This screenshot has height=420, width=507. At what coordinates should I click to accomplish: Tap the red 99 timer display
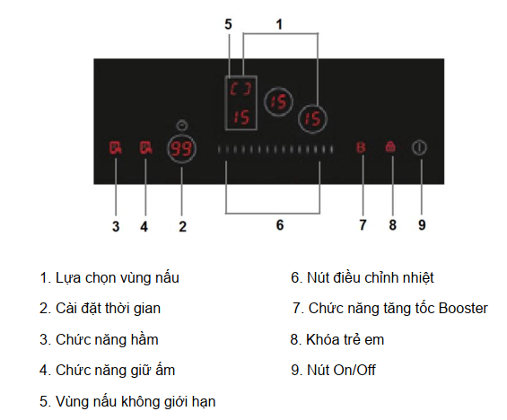point(182,149)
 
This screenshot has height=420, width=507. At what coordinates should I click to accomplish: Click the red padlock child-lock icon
point(390,147)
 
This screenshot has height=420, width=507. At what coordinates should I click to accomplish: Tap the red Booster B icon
point(361,148)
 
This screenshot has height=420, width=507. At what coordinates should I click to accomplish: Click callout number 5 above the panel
point(228,24)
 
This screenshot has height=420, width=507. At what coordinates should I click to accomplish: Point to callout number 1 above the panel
point(279,24)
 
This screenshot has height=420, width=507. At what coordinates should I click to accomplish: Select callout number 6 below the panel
point(280,224)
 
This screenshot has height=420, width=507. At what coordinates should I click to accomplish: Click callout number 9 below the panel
point(422,224)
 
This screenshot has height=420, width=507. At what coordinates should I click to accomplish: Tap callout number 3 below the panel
point(116,226)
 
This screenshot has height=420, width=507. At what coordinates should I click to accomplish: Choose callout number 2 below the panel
point(182,226)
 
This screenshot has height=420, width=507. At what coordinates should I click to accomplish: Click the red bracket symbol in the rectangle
point(240,89)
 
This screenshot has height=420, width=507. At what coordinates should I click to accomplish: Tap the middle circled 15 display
point(278,101)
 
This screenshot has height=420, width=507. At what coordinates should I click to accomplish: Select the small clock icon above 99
point(182,125)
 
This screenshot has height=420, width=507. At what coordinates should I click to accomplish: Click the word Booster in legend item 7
point(463,308)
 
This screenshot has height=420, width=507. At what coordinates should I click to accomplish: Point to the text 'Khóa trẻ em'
point(345,339)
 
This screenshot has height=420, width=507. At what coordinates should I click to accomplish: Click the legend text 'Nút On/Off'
point(341,370)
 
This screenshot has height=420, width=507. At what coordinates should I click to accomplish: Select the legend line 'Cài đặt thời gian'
point(100,308)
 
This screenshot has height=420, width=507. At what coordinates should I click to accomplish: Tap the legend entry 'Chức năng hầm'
point(99,339)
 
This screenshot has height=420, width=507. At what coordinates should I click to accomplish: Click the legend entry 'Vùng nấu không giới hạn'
point(127,401)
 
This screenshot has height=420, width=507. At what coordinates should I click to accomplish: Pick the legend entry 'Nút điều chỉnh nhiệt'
point(363,277)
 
